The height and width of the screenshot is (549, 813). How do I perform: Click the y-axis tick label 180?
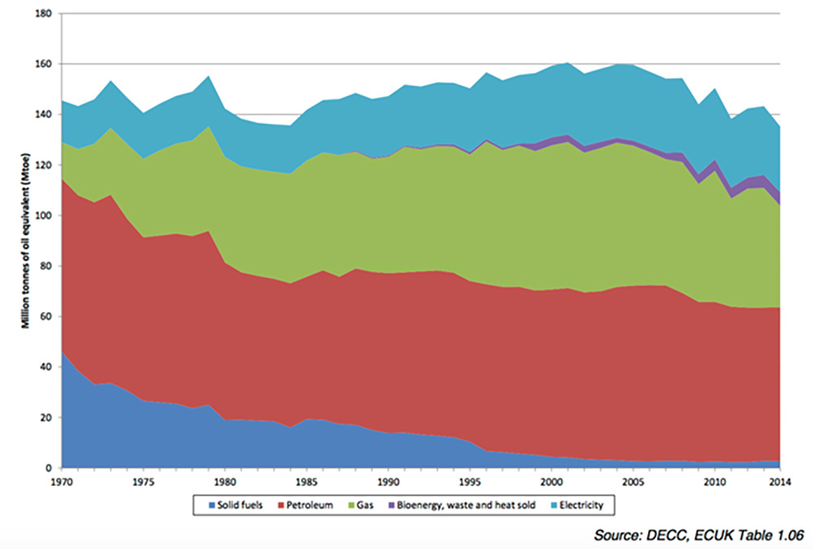coord(44,14)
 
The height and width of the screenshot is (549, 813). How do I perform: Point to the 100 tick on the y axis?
coord(44,216)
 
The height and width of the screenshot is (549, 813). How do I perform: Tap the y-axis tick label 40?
coord(46,367)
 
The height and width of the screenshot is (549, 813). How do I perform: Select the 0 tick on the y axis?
coord(50,469)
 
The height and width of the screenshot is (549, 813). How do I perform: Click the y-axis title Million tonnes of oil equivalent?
coord(26,236)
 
